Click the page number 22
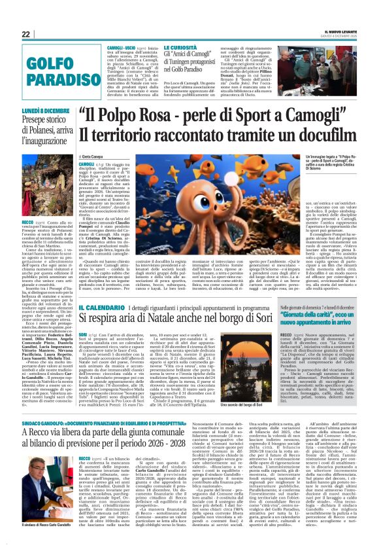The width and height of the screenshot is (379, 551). tap(25, 34)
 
